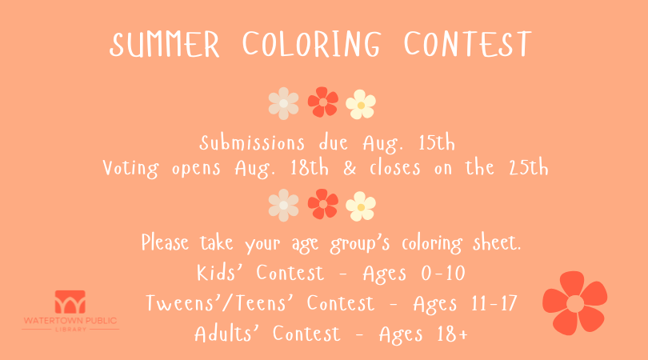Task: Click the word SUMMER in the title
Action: pyautogui.click(x=165, y=44)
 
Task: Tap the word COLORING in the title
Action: pyautogui.click(x=311, y=43)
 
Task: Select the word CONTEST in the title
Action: pyautogui.click(x=467, y=43)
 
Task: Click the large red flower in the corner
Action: pyautogui.click(x=575, y=303)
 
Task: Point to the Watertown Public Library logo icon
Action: pyautogui.click(x=70, y=302)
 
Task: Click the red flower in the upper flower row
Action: pyautogui.click(x=323, y=102)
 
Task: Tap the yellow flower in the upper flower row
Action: pyautogui.click(x=361, y=105)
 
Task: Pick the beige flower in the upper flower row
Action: pyautogui.click(x=283, y=103)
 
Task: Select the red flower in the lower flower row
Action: pyautogui.click(x=323, y=204)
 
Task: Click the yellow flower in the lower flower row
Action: pyautogui.click(x=361, y=206)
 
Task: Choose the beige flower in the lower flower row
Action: pyautogui.click(x=283, y=206)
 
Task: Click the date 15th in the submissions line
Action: pyautogui.click(x=437, y=143)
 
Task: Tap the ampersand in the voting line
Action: pyautogui.click(x=350, y=168)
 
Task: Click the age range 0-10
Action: pyautogui.click(x=443, y=274)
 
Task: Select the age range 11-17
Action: pyautogui.click(x=494, y=303)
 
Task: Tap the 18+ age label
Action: pyautogui.click(x=453, y=334)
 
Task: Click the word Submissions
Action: pyautogui.click(x=252, y=143)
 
